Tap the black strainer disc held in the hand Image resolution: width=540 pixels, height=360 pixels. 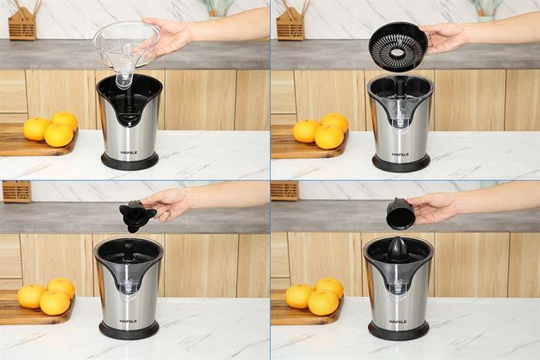click(x=399, y=47)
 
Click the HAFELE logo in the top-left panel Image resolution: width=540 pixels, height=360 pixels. click(x=129, y=153)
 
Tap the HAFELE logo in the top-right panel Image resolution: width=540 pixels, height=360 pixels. click(x=400, y=154)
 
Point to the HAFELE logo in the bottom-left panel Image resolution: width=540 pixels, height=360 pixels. click(x=128, y=321)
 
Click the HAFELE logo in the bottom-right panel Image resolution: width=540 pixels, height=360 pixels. click(x=397, y=321)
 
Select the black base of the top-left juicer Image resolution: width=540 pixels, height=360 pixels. click(x=130, y=161)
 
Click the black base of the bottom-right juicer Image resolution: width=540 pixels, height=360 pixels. click(x=399, y=331)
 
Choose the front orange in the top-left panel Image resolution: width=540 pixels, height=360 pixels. click(x=59, y=135)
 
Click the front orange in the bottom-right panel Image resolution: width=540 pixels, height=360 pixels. click(x=323, y=302)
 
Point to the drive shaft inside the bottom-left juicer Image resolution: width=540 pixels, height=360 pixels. click(x=129, y=253)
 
